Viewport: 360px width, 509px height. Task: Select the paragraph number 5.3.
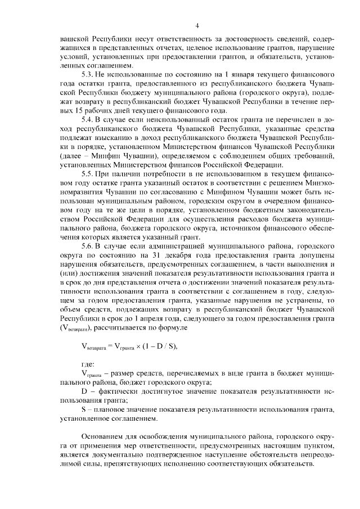point(88,74)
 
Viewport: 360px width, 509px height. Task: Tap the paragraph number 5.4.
point(88,119)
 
